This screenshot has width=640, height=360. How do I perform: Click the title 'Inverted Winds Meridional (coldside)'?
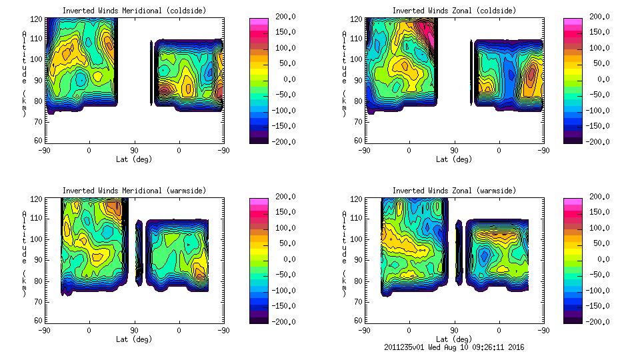pyautogui.click(x=134, y=11)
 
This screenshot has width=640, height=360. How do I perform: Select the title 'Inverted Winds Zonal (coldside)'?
pyautogui.click(x=454, y=11)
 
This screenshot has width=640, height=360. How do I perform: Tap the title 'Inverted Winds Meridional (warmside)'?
pyautogui.click(x=134, y=191)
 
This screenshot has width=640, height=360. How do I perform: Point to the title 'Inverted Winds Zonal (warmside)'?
pyautogui.click(x=454, y=191)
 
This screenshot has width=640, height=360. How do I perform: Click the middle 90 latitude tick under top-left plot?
pyautogui.click(x=134, y=151)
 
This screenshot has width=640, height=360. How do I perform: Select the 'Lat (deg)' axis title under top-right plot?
pyautogui.click(x=454, y=159)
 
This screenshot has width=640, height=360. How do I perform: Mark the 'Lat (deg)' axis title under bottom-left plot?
pyautogui.click(x=134, y=339)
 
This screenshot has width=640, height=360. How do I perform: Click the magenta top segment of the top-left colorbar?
pyautogui.click(x=258, y=21)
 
